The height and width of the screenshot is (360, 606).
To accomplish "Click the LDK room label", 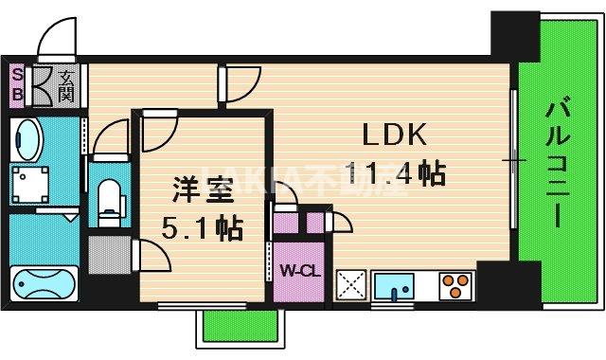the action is [x=392, y=135].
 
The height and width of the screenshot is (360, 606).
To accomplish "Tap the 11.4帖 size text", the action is [x=394, y=173].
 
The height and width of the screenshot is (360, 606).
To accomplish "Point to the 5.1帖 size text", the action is [x=201, y=228].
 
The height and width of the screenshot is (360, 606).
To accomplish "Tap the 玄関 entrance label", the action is [x=66, y=86].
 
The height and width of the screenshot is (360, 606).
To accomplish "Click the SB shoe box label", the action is [x=17, y=85].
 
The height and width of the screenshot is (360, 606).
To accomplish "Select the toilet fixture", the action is [x=110, y=200].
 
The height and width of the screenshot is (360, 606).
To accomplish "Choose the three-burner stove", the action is [x=455, y=283].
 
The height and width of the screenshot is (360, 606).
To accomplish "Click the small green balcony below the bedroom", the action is [x=238, y=328].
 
